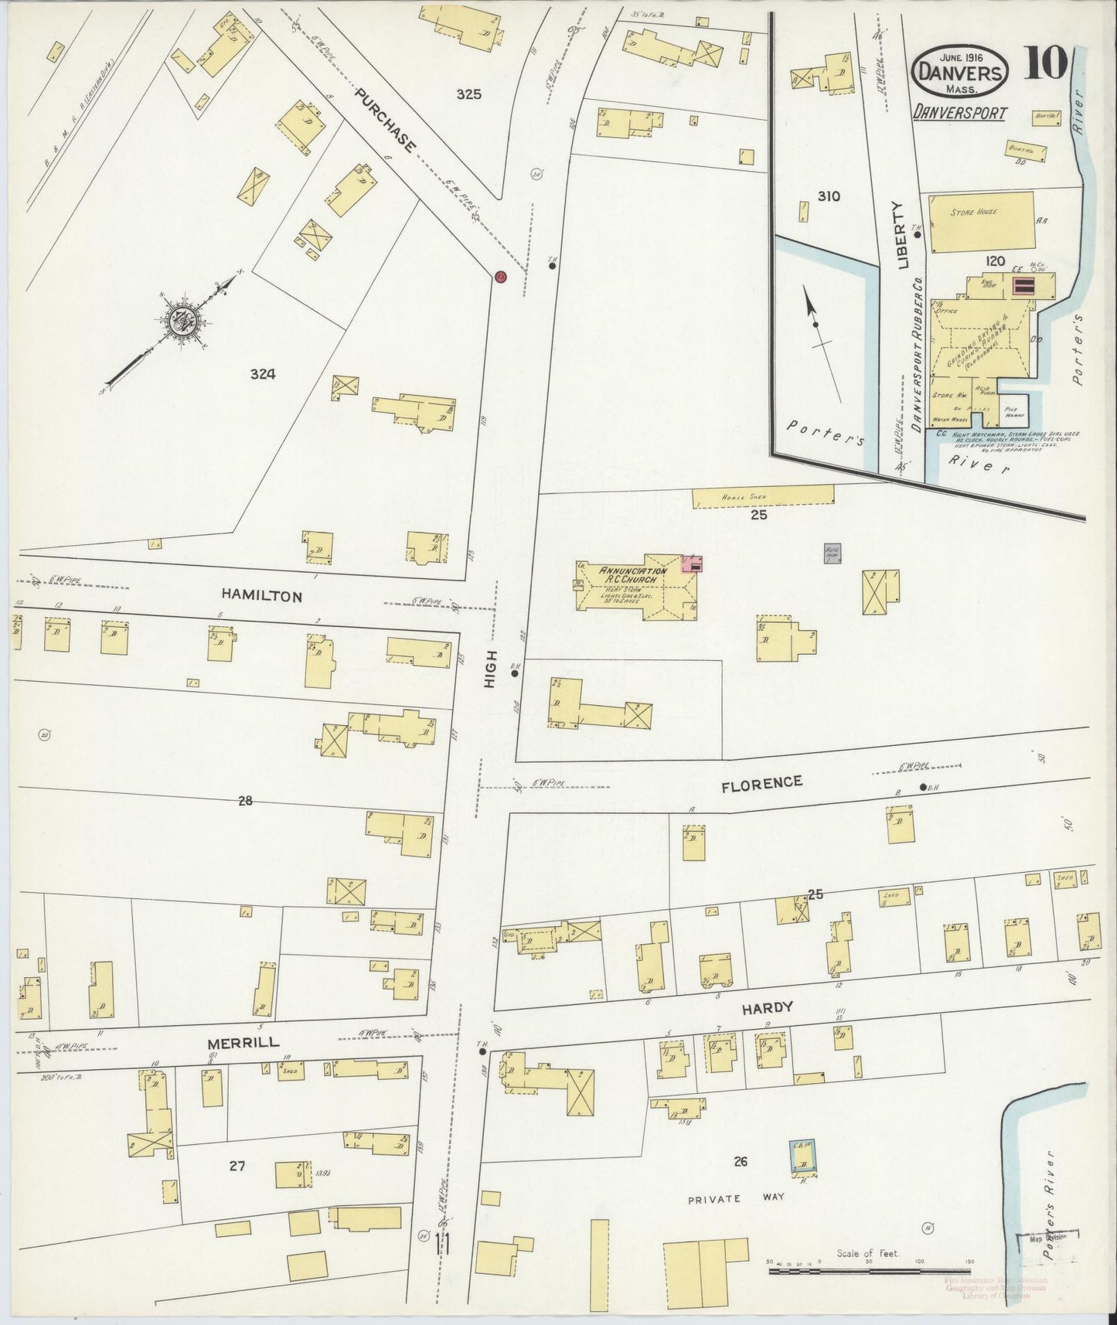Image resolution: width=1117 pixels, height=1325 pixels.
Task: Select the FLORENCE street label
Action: (761, 783)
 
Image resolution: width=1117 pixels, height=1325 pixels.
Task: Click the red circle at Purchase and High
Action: (500, 276)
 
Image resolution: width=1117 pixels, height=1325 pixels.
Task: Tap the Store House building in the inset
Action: (981, 223)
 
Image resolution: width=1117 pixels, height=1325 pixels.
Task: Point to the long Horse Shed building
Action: (763, 496)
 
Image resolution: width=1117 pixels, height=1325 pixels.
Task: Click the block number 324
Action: (263, 375)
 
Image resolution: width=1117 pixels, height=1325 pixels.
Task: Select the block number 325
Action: (468, 94)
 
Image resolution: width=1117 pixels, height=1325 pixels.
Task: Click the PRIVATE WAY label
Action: (737, 1198)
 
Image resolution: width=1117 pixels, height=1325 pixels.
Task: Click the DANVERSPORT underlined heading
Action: (959, 113)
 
